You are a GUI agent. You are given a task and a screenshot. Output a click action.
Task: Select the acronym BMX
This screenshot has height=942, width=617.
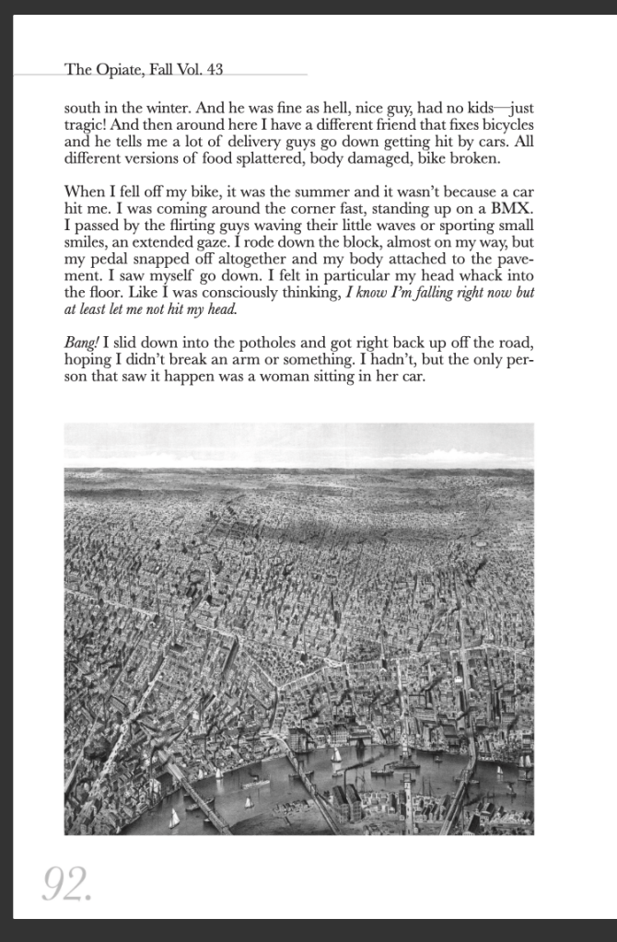pyautogui.click(x=512, y=209)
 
